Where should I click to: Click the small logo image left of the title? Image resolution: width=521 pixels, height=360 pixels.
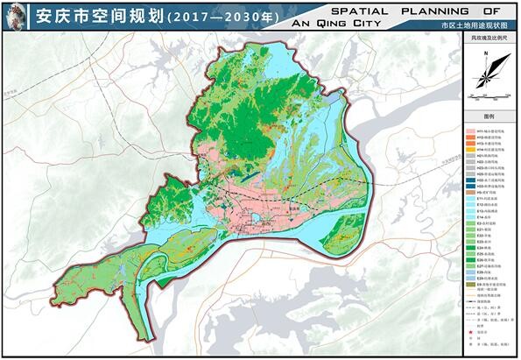pos(15,17)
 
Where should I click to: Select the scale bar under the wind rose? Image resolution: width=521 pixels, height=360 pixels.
pos(488,91)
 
